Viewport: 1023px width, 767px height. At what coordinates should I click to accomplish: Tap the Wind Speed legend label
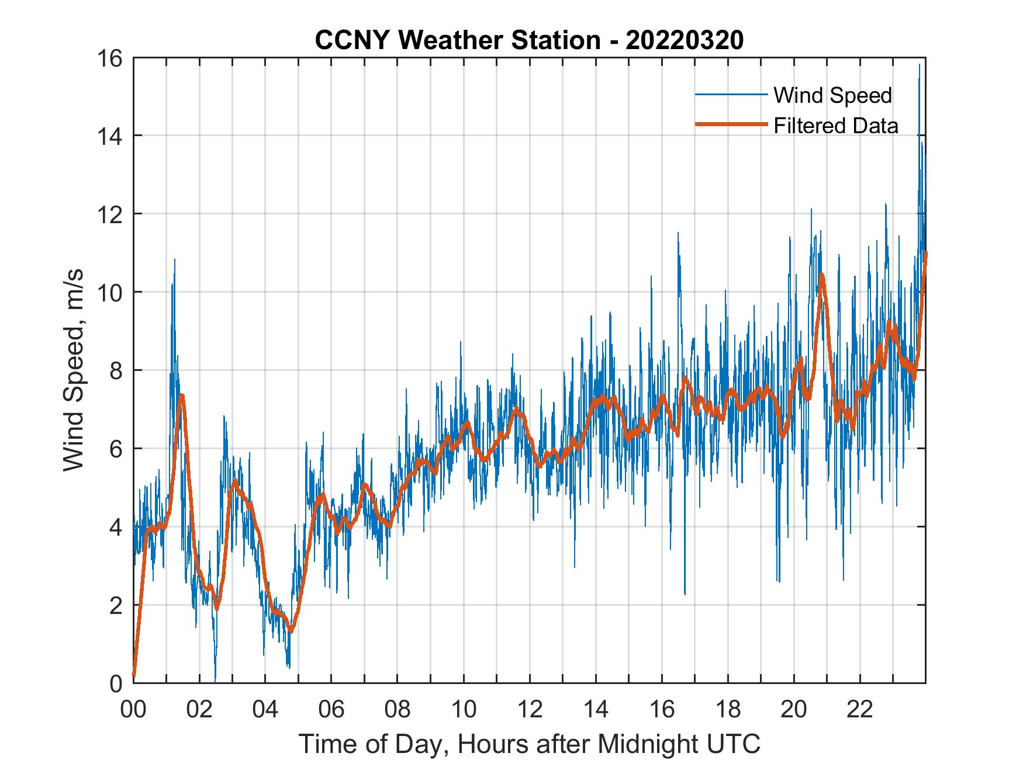click(x=832, y=95)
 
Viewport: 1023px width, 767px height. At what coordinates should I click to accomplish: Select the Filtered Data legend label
click(x=835, y=126)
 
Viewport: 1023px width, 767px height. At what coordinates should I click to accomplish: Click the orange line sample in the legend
click(x=731, y=125)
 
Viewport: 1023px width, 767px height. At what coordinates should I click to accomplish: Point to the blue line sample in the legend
click(x=731, y=95)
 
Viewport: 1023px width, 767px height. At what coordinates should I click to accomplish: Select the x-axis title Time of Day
click(x=530, y=744)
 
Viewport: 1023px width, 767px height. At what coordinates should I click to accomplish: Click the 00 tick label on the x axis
click(x=133, y=710)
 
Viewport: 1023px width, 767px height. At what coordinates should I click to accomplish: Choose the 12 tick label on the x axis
click(x=530, y=710)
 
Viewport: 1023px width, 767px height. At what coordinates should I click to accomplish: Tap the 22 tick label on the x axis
click(x=860, y=710)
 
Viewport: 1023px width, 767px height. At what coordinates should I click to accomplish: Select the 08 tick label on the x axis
click(x=398, y=710)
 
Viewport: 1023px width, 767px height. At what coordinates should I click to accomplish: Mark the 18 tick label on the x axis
click(x=728, y=710)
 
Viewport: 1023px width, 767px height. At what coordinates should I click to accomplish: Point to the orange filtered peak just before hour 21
click(x=821, y=275)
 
